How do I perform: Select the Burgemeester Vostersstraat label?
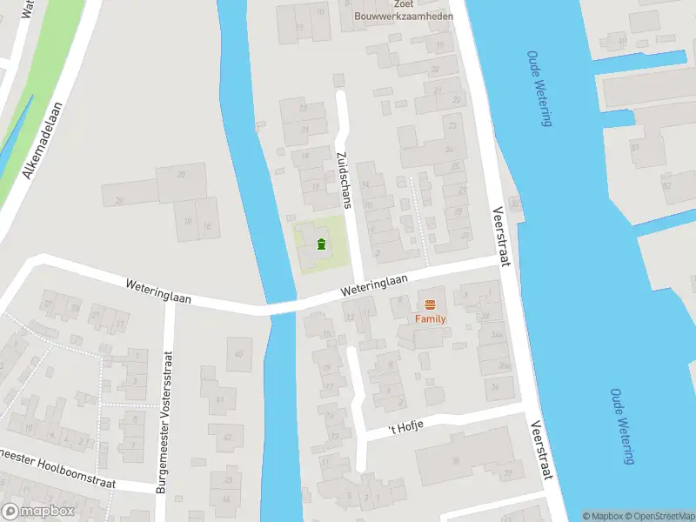pyautogui.click(x=164, y=423)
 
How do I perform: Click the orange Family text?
pyautogui.click(x=429, y=319)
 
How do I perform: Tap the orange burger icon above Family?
pyautogui.click(x=430, y=304)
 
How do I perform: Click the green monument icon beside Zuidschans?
pyautogui.click(x=321, y=244)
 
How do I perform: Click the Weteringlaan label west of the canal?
pyautogui.click(x=157, y=291)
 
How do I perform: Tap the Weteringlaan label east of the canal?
pyautogui.click(x=375, y=284)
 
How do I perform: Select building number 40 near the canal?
pyautogui.click(x=238, y=353)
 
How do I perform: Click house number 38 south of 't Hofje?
pyautogui.click(x=454, y=462)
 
